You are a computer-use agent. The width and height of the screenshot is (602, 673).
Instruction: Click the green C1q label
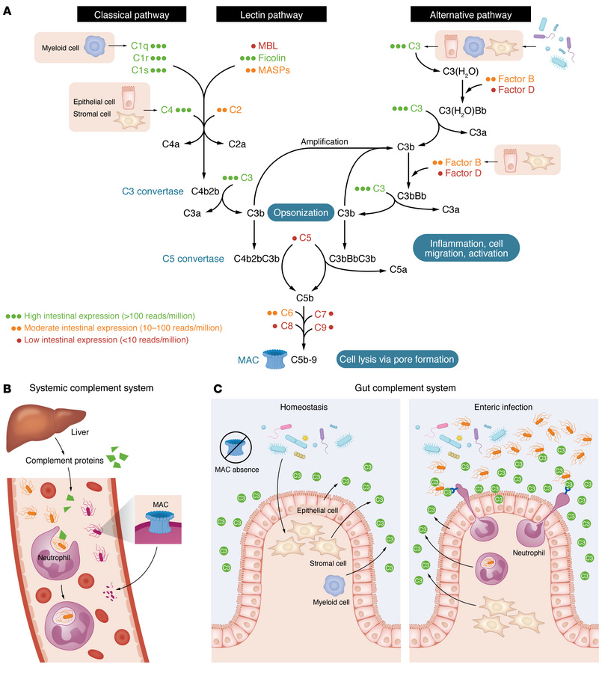tap(138, 45)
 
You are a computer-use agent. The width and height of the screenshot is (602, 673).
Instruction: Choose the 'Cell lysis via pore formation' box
tap(396, 359)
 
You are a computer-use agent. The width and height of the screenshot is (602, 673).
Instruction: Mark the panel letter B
tap(7, 389)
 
